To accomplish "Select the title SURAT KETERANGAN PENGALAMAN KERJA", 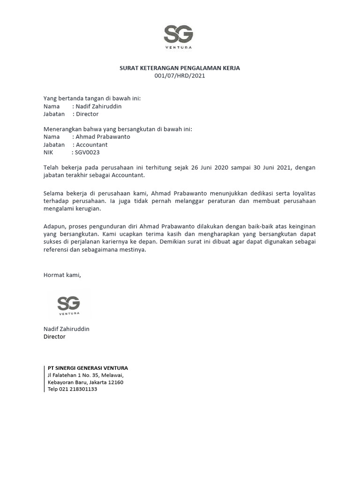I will pyautogui.click(x=180, y=68).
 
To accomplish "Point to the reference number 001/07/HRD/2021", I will pyautogui.click(x=180, y=75).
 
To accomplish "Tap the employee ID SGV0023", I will pyautogui.click(x=87, y=152).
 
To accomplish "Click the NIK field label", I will pyautogui.click(x=49, y=152).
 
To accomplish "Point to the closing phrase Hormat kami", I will pyautogui.click(x=62, y=275).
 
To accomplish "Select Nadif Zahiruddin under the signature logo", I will pyautogui.click(x=66, y=329).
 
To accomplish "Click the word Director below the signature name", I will pyautogui.click(x=54, y=337).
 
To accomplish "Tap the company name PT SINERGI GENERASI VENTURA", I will pyautogui.click(x=88, y=368).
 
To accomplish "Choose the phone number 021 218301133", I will pyautogui.click(x=78, y=389).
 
